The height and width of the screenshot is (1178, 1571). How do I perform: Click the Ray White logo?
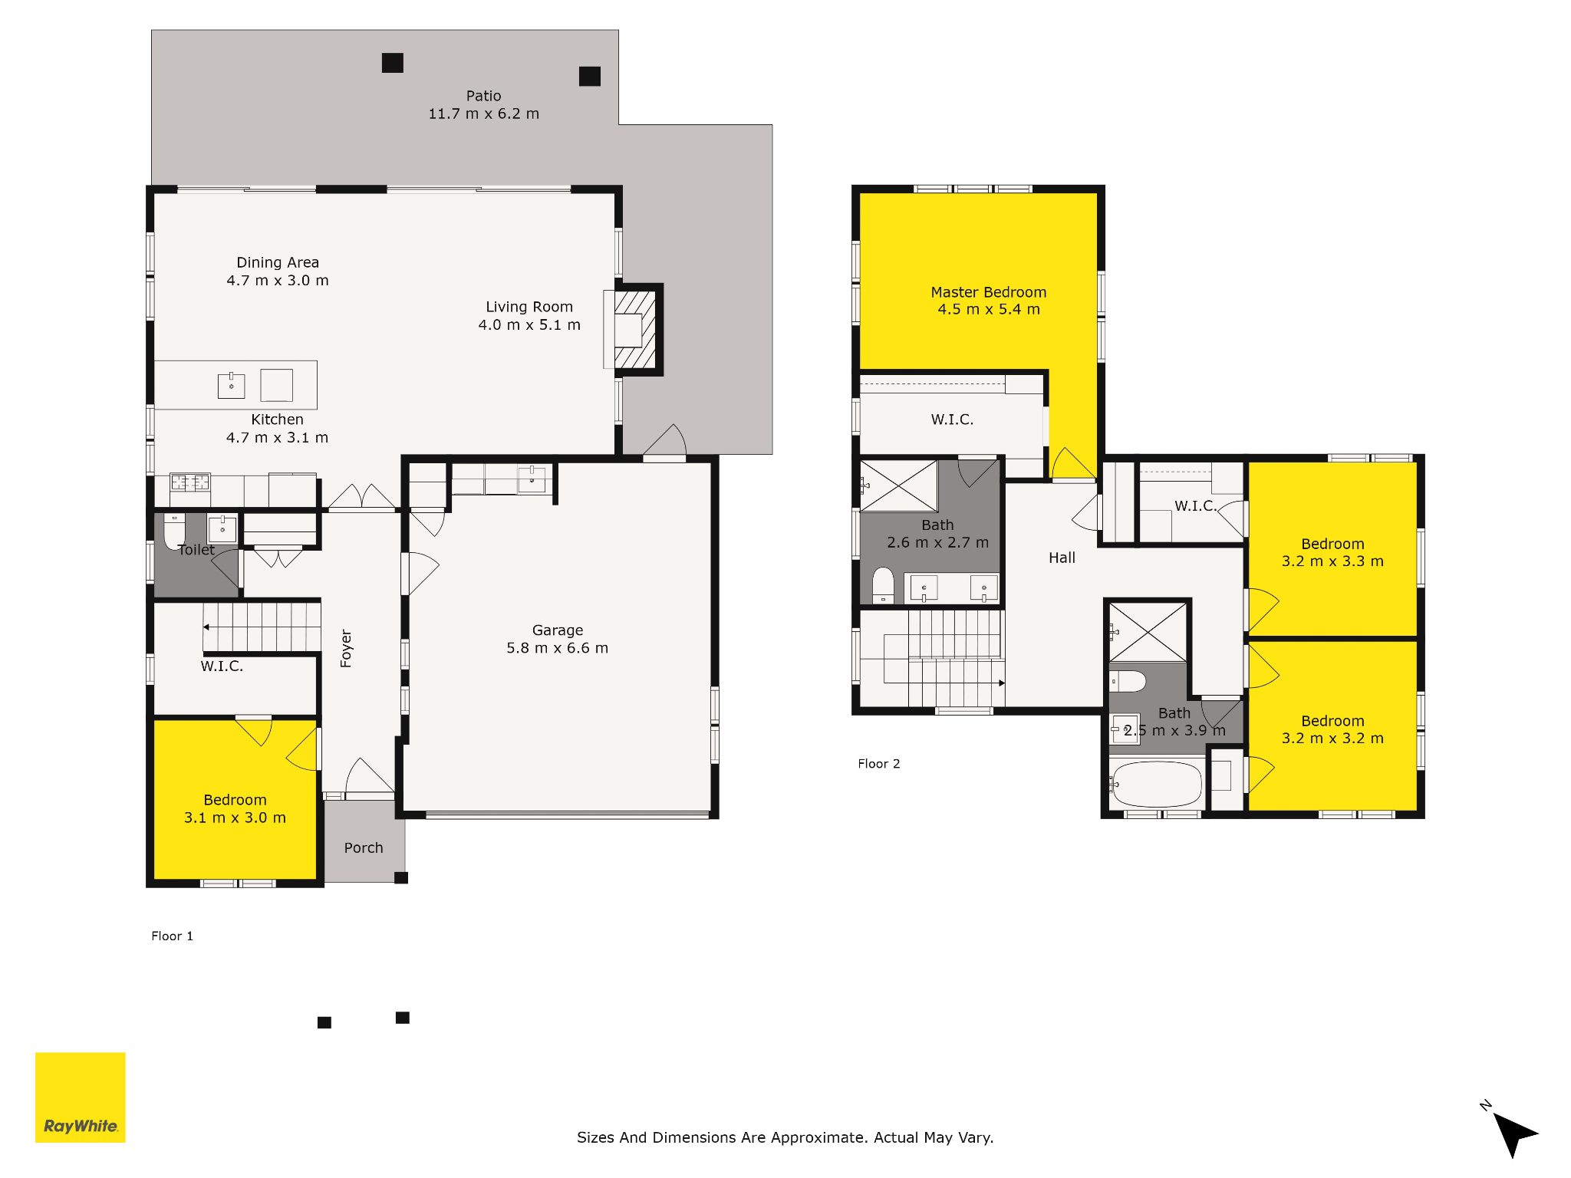81,1097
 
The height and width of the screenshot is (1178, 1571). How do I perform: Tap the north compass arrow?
1513,1133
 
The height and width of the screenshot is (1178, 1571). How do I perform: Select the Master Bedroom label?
988,292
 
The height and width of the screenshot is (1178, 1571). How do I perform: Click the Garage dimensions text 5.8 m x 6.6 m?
557,648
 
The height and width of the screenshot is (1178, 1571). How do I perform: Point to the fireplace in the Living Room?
634,330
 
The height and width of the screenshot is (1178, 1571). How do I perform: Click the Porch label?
364,847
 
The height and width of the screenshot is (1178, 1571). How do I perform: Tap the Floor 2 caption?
878,764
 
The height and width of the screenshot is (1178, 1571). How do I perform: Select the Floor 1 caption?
172,936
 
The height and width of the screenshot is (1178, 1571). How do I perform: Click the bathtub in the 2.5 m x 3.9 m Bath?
1156,784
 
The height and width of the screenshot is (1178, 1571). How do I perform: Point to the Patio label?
483,96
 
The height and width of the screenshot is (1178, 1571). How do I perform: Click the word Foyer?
346,649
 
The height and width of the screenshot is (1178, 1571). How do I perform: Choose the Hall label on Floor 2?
1062,558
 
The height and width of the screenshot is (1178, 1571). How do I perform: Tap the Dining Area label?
278,262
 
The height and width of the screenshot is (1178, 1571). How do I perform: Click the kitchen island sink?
231,386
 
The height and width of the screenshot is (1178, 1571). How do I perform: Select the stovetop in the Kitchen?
190,482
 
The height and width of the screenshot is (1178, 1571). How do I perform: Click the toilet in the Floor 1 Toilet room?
174,531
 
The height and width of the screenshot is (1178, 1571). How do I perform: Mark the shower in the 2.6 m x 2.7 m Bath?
898,486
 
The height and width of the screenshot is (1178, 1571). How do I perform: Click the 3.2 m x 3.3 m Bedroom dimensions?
1332,561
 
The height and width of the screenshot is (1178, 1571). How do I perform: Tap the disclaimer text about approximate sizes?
785,1137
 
